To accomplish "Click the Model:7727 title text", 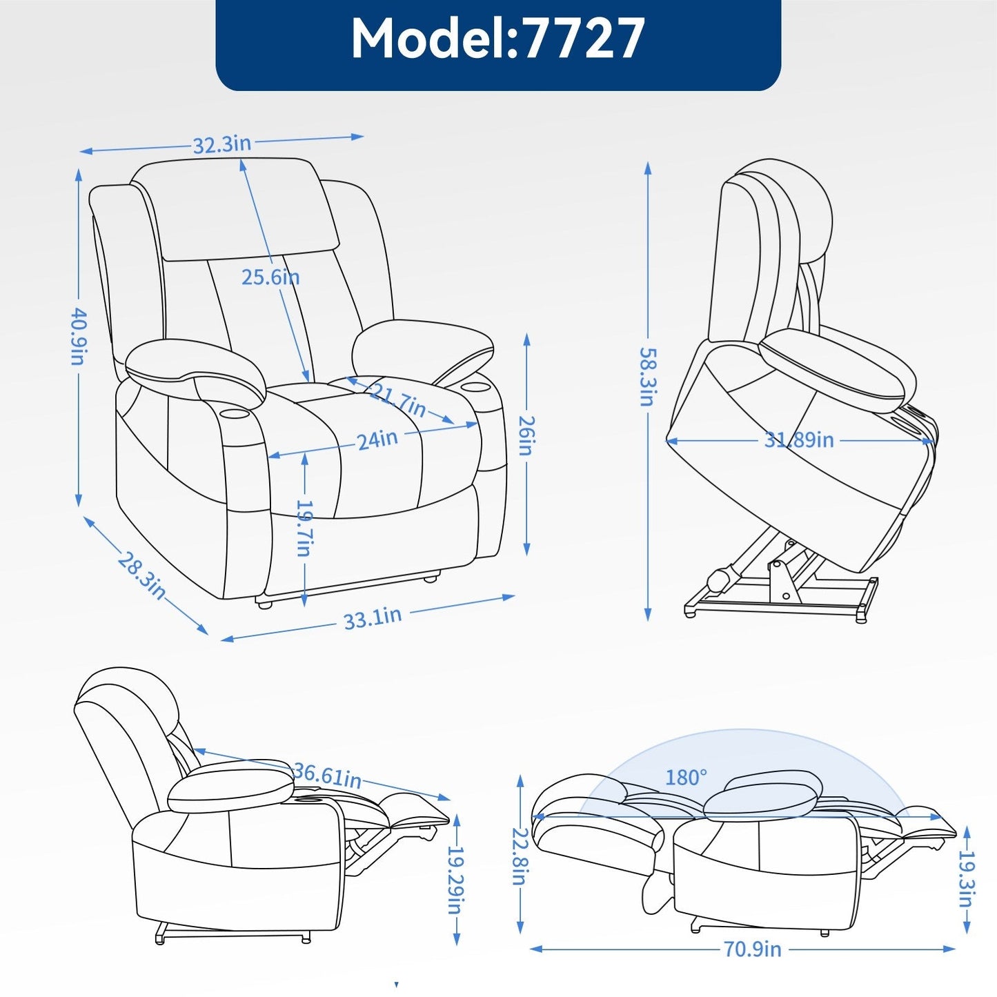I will point(497,39).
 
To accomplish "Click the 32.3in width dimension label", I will point(221,144).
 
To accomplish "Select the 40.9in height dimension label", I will point(79,336).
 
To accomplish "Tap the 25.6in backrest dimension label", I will point(270,277).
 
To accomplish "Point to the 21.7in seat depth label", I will point(398,401).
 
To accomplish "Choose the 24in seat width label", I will point(377,440).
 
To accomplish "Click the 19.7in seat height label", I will point(304,528).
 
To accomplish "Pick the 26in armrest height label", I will point(526,435).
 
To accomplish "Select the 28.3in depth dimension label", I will point(142,575).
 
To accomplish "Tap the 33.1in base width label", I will point(373,618).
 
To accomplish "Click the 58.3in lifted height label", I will point(647,376).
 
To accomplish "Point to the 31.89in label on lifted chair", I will point(799,440).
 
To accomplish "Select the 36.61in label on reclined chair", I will point(327,775).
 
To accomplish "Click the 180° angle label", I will point(686,778).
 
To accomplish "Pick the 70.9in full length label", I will point(752,949).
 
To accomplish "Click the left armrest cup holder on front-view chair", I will point(236,413).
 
